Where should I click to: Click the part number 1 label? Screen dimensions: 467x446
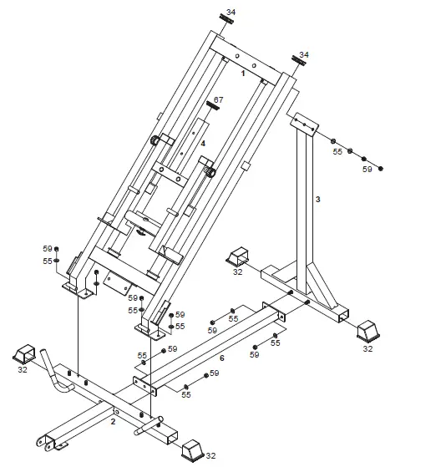point(242,74)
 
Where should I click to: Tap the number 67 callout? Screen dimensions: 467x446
point(219,100)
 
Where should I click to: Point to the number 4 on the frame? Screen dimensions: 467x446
point(202,142)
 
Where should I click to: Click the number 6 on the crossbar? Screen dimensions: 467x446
point(220,358)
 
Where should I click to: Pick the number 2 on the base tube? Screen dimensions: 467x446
point(113,422)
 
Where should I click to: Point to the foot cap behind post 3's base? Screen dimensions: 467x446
point(241,256)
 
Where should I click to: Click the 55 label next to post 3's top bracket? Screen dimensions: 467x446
point(337,152)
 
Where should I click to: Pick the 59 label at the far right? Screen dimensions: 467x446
point(367,170)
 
